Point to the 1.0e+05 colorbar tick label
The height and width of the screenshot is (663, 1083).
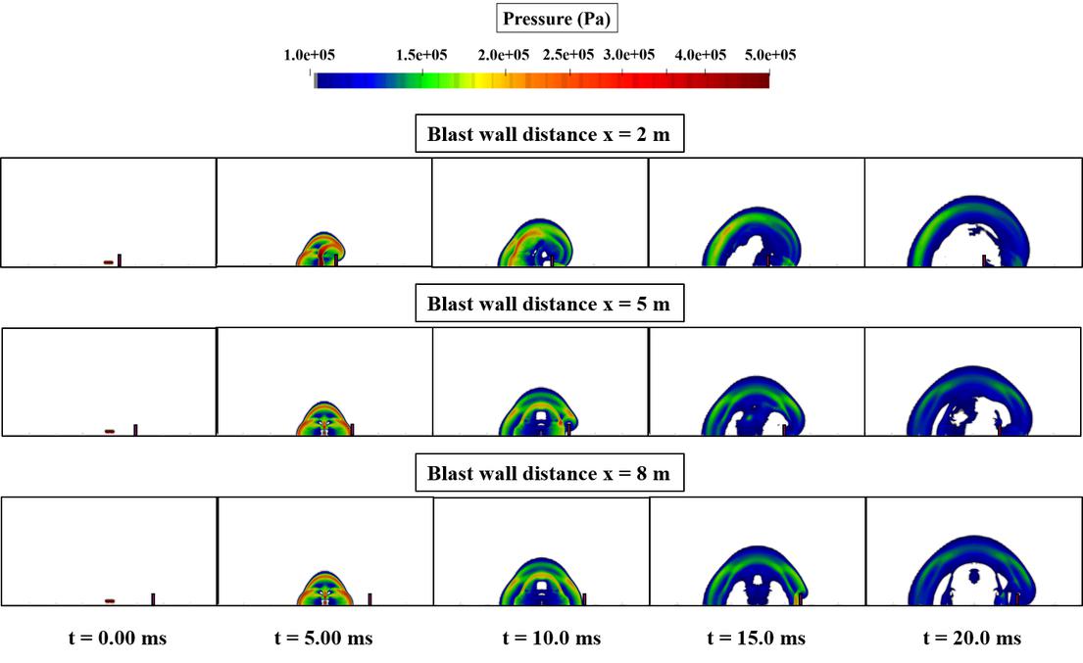[x=310, y=55]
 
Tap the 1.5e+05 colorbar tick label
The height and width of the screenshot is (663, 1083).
[x=421, y=55]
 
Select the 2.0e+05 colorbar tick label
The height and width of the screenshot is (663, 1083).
[x=504, y=55]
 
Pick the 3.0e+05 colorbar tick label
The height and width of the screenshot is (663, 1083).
[x=629, y=55]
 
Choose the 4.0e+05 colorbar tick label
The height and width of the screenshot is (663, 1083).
[x=700, y=55]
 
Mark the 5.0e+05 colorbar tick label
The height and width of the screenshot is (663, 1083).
[x=769, y=55]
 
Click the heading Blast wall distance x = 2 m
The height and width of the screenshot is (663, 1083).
[x=549, y=135]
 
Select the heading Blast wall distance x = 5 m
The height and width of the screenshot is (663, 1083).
[x=549, y=304]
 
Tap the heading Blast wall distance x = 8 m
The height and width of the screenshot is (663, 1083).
[x=549, y=474]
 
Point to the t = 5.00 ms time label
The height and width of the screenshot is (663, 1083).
[x=324, y=639]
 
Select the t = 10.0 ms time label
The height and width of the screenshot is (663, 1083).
[x=552, y=639]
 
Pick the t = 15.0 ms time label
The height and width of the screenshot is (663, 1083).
[x=757, y=639]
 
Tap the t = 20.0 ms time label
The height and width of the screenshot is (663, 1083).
[x=972, y=639]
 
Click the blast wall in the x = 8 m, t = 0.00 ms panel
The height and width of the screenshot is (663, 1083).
[x=153, y=598]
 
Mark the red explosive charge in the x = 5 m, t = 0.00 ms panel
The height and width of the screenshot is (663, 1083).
[x=110, y=431]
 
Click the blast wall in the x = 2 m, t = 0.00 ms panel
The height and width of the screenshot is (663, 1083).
[x=120, y=260]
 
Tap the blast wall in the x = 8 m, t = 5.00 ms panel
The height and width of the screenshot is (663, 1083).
[x=369, y=598]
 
